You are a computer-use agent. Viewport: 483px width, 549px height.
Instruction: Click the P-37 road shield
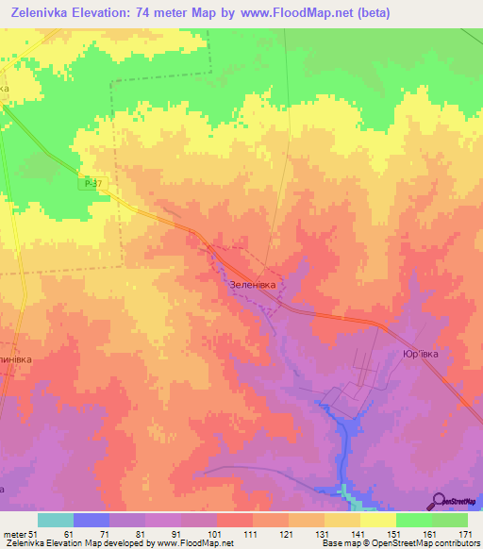tap(91, 185)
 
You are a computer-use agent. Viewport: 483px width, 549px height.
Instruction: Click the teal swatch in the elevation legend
tap(56, 520)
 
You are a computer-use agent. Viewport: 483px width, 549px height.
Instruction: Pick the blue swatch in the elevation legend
tap(92, 520)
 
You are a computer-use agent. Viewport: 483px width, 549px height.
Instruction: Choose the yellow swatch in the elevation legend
tap(377, 520)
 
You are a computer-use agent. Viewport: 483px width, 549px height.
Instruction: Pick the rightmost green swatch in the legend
tap(450, 520)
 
